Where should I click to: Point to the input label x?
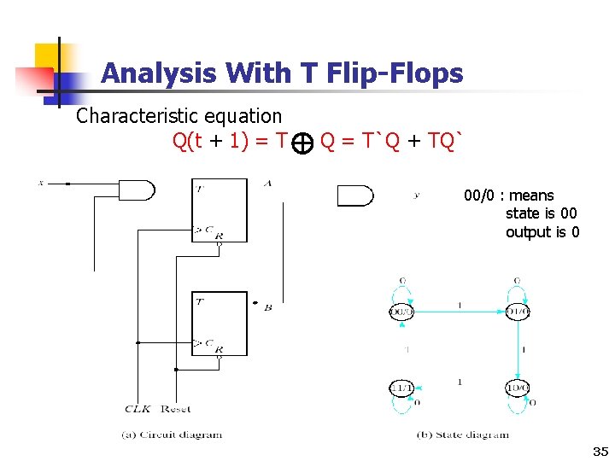pos(40,183)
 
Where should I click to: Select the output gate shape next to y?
pos(354,195)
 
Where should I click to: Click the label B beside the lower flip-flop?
pos(267,306)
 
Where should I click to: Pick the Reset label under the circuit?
pos(175,409)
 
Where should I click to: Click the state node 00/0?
pos(401,312)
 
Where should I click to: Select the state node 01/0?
pos(518,312)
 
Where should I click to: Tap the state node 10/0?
pos(518,388)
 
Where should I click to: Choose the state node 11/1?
pos(401,388)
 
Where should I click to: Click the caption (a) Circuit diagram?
pos(171,434)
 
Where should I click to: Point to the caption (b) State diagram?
pos(462,434)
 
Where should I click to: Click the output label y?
pos(416,195)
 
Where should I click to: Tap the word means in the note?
pos(531,195)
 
